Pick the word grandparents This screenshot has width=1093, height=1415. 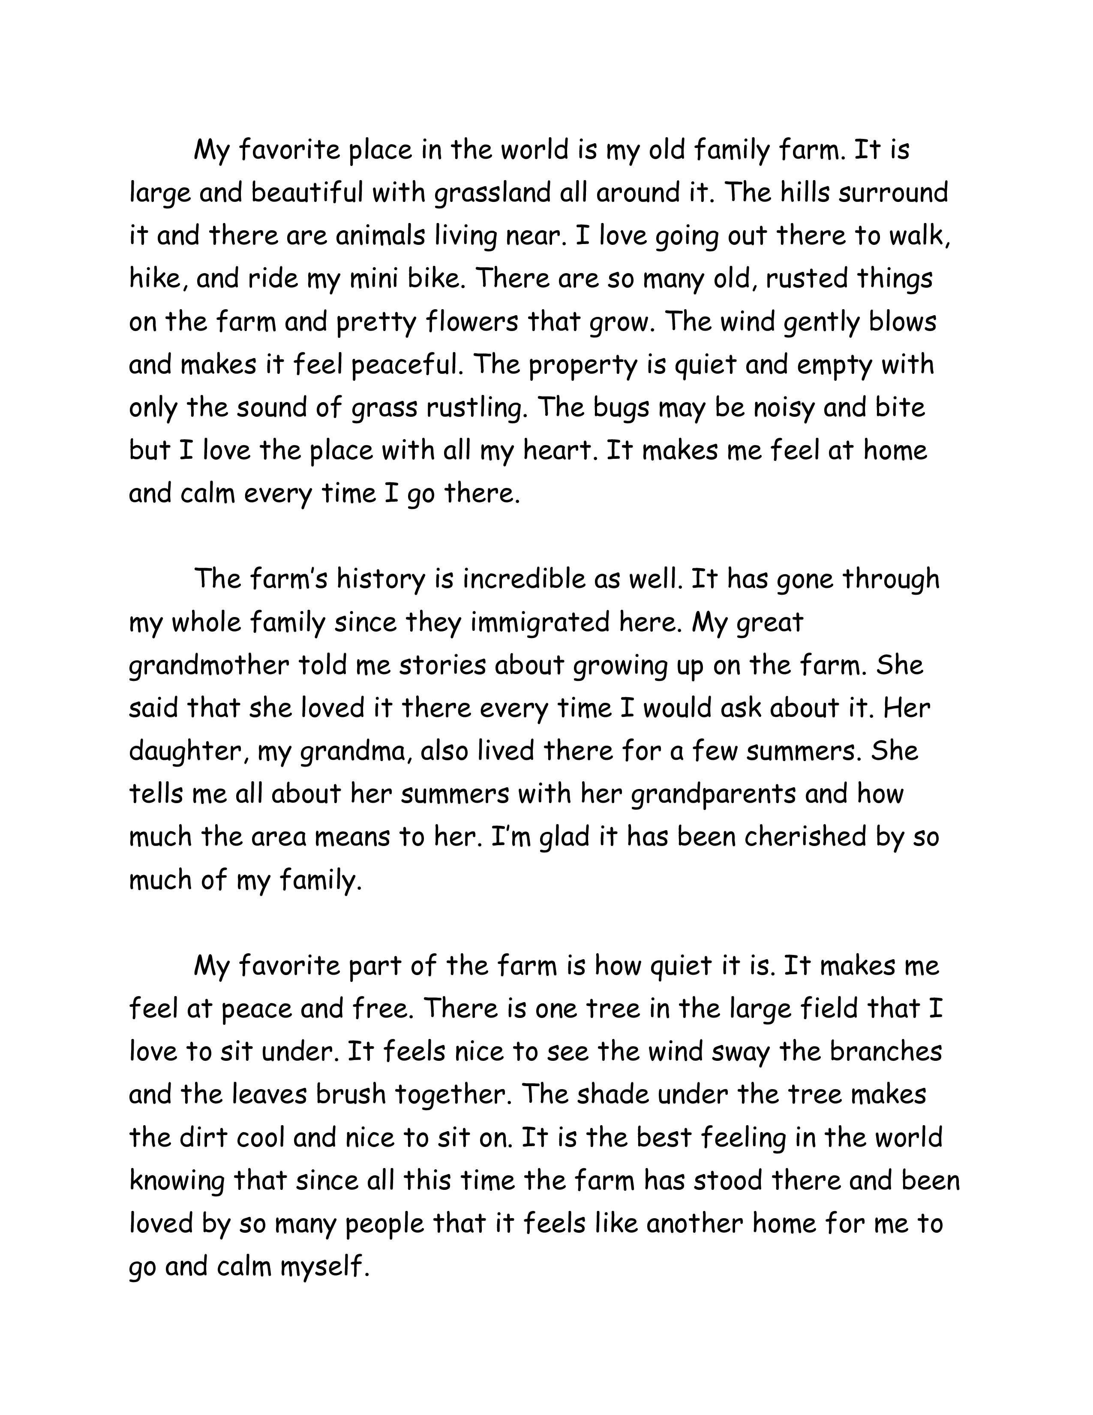[713, 794]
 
